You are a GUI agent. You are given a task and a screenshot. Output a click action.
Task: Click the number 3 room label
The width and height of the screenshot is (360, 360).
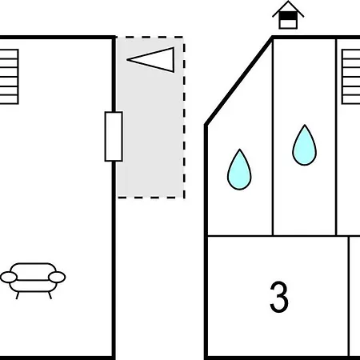point(279,297)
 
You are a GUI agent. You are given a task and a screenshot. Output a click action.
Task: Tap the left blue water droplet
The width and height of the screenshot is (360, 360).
point(239,170)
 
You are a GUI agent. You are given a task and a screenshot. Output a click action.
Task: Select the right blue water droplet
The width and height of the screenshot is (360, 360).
point(304,146)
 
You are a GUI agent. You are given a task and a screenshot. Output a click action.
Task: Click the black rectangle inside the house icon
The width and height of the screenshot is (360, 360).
point(288,16)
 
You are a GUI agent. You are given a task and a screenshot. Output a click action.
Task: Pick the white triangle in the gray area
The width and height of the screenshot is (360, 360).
point(151,60)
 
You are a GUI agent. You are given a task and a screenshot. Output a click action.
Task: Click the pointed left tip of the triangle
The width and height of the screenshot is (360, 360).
point(127,60)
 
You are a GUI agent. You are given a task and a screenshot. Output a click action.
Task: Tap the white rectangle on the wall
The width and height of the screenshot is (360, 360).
point(114,137)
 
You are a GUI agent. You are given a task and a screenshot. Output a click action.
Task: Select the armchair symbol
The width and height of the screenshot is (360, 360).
point(33,281)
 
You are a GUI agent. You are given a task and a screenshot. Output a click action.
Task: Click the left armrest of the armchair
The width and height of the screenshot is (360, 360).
point(9,278)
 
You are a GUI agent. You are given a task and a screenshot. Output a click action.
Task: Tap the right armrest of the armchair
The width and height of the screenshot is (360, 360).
point(57,278)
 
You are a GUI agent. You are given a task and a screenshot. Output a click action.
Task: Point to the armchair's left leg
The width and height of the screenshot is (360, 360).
point(18,295)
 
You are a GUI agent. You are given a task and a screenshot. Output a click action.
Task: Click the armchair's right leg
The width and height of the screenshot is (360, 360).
point(50,295)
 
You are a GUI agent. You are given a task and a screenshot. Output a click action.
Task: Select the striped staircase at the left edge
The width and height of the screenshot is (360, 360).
point(9,77)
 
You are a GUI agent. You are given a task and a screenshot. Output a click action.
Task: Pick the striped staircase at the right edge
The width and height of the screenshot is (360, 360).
point(351,77)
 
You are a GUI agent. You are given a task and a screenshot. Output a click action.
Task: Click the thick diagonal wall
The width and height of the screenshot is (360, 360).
point(239,81)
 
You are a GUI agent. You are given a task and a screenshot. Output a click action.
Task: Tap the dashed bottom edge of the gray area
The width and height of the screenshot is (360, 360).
point(151,198)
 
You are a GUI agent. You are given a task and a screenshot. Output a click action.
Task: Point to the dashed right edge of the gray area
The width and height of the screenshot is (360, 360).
point(184,118)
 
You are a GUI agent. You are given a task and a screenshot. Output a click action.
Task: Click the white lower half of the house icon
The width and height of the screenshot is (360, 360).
point(288,24)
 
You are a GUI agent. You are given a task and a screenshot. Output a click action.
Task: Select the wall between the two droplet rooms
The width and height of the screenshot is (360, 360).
point(273,137)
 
